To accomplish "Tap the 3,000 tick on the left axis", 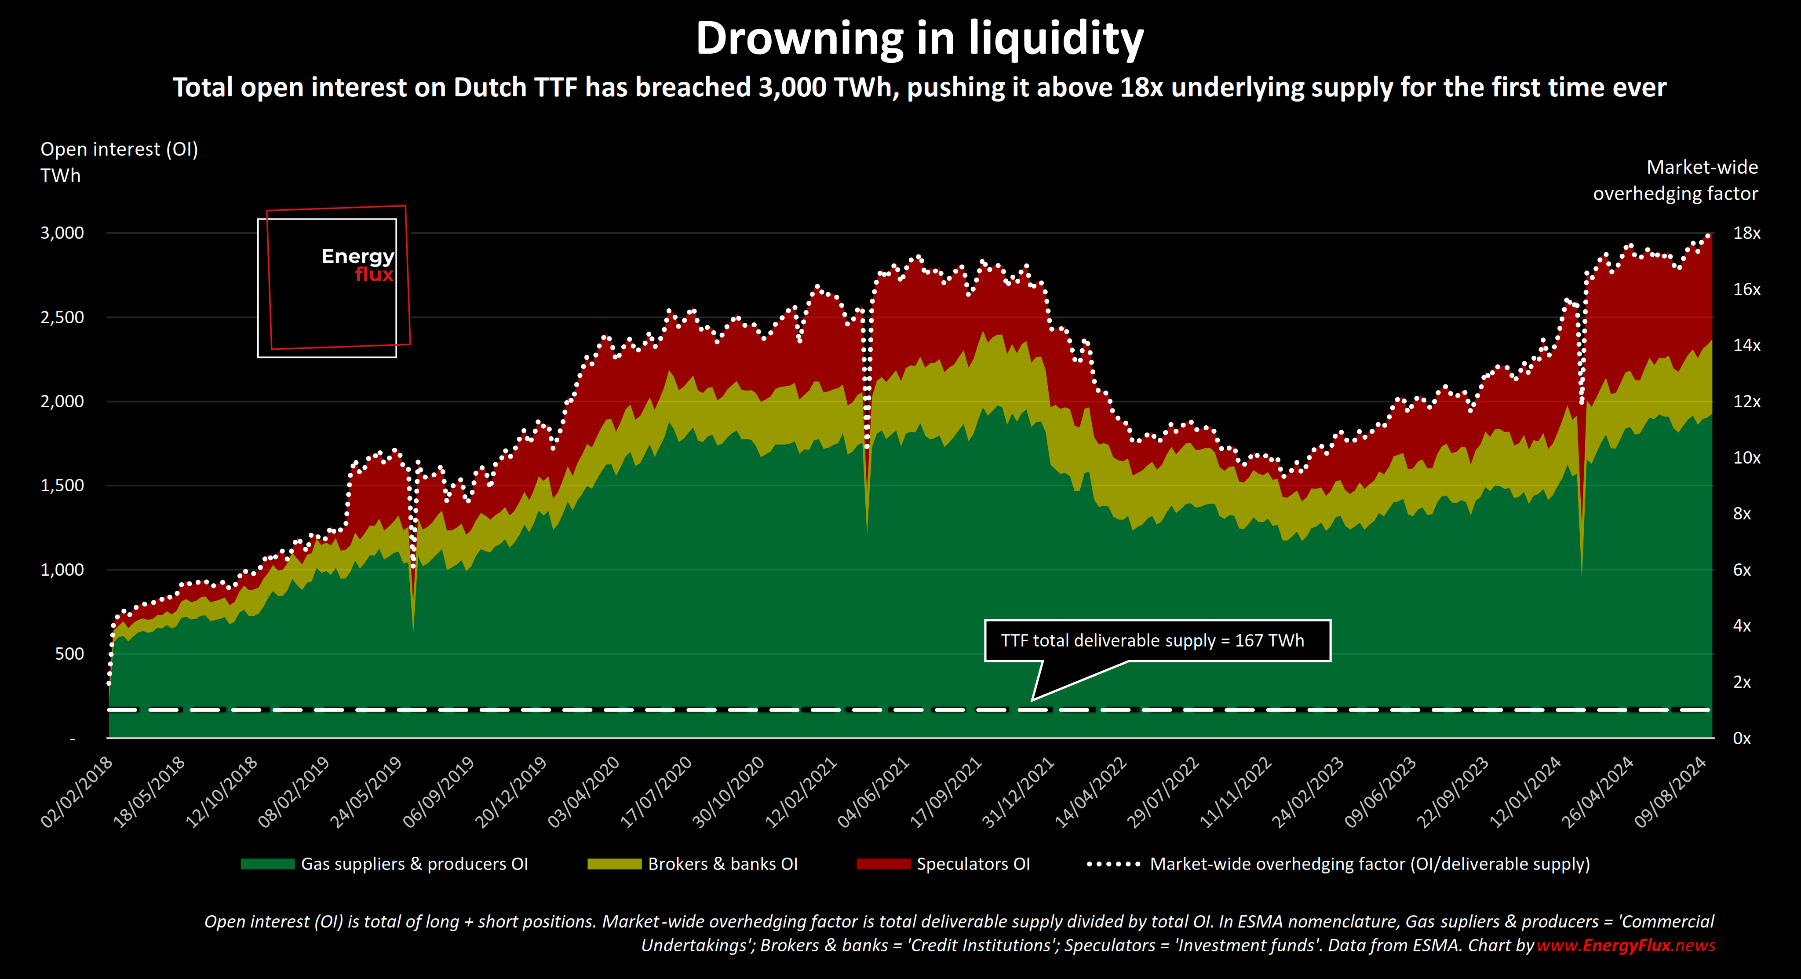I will [62, 233].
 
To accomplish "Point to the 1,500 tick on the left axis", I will [62, 485].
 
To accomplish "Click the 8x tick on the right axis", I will [1742, 514].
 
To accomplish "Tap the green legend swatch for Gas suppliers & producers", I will [267, 864].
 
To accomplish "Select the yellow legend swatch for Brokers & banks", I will [614, 864].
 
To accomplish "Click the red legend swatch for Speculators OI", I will [883, 864].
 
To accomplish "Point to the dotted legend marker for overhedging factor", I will [1113, 864].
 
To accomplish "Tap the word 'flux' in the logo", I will [374, 275].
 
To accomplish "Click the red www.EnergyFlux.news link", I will [1626, 946].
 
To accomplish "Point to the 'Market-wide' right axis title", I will [1702, 167].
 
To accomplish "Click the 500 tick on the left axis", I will [69, 654].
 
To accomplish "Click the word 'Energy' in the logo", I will [357, 257].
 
